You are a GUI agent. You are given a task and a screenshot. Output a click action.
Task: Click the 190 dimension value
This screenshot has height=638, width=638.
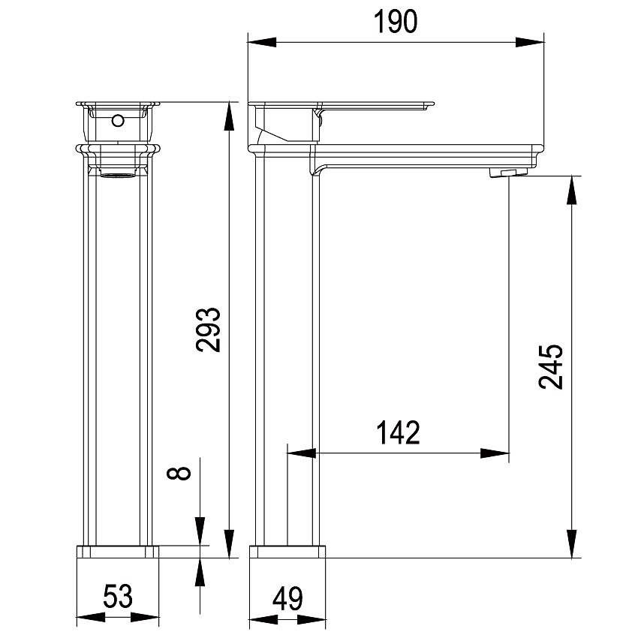[395, 22]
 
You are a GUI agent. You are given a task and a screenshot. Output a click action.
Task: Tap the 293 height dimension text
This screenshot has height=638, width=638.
[208, 330]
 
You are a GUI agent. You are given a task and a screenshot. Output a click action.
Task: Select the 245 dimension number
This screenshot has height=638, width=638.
[550, 366]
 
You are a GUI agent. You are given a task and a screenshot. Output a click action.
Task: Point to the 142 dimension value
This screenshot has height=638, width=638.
[398, 432]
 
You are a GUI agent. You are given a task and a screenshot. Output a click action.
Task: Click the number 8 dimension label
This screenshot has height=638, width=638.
[179, 473]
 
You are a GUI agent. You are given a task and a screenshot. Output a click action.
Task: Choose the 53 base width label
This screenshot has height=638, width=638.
[118, 596]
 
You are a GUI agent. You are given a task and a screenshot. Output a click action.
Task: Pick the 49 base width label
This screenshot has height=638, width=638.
[287, 598]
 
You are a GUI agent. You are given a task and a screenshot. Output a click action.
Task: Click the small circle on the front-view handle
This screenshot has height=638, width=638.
[118, 120]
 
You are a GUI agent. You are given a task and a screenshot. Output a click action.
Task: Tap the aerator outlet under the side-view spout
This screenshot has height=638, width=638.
[509, 173]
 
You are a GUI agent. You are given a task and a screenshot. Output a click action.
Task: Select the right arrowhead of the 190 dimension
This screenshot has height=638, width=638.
[530, 42]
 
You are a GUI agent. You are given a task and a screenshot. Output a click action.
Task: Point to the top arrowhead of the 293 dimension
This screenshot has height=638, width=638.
[230, 117]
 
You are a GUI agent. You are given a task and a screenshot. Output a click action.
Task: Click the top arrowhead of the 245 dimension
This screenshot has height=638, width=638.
[572, 191]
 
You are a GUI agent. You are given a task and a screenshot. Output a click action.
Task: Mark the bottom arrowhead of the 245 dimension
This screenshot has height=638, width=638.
[572, 543]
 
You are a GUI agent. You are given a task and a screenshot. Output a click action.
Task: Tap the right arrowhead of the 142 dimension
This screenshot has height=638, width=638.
[495, 453]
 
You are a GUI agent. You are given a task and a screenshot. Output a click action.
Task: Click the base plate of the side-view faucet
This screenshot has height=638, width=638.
[287, 552]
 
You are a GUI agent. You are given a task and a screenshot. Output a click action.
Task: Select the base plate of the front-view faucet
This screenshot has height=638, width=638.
[118, 552]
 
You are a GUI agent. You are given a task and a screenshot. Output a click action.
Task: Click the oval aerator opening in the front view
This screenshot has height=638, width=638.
[118, 176]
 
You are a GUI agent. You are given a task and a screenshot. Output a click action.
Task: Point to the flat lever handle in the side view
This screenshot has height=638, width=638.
[341, 105]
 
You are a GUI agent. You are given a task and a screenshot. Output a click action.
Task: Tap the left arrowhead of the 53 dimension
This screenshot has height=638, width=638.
[91, 617]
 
